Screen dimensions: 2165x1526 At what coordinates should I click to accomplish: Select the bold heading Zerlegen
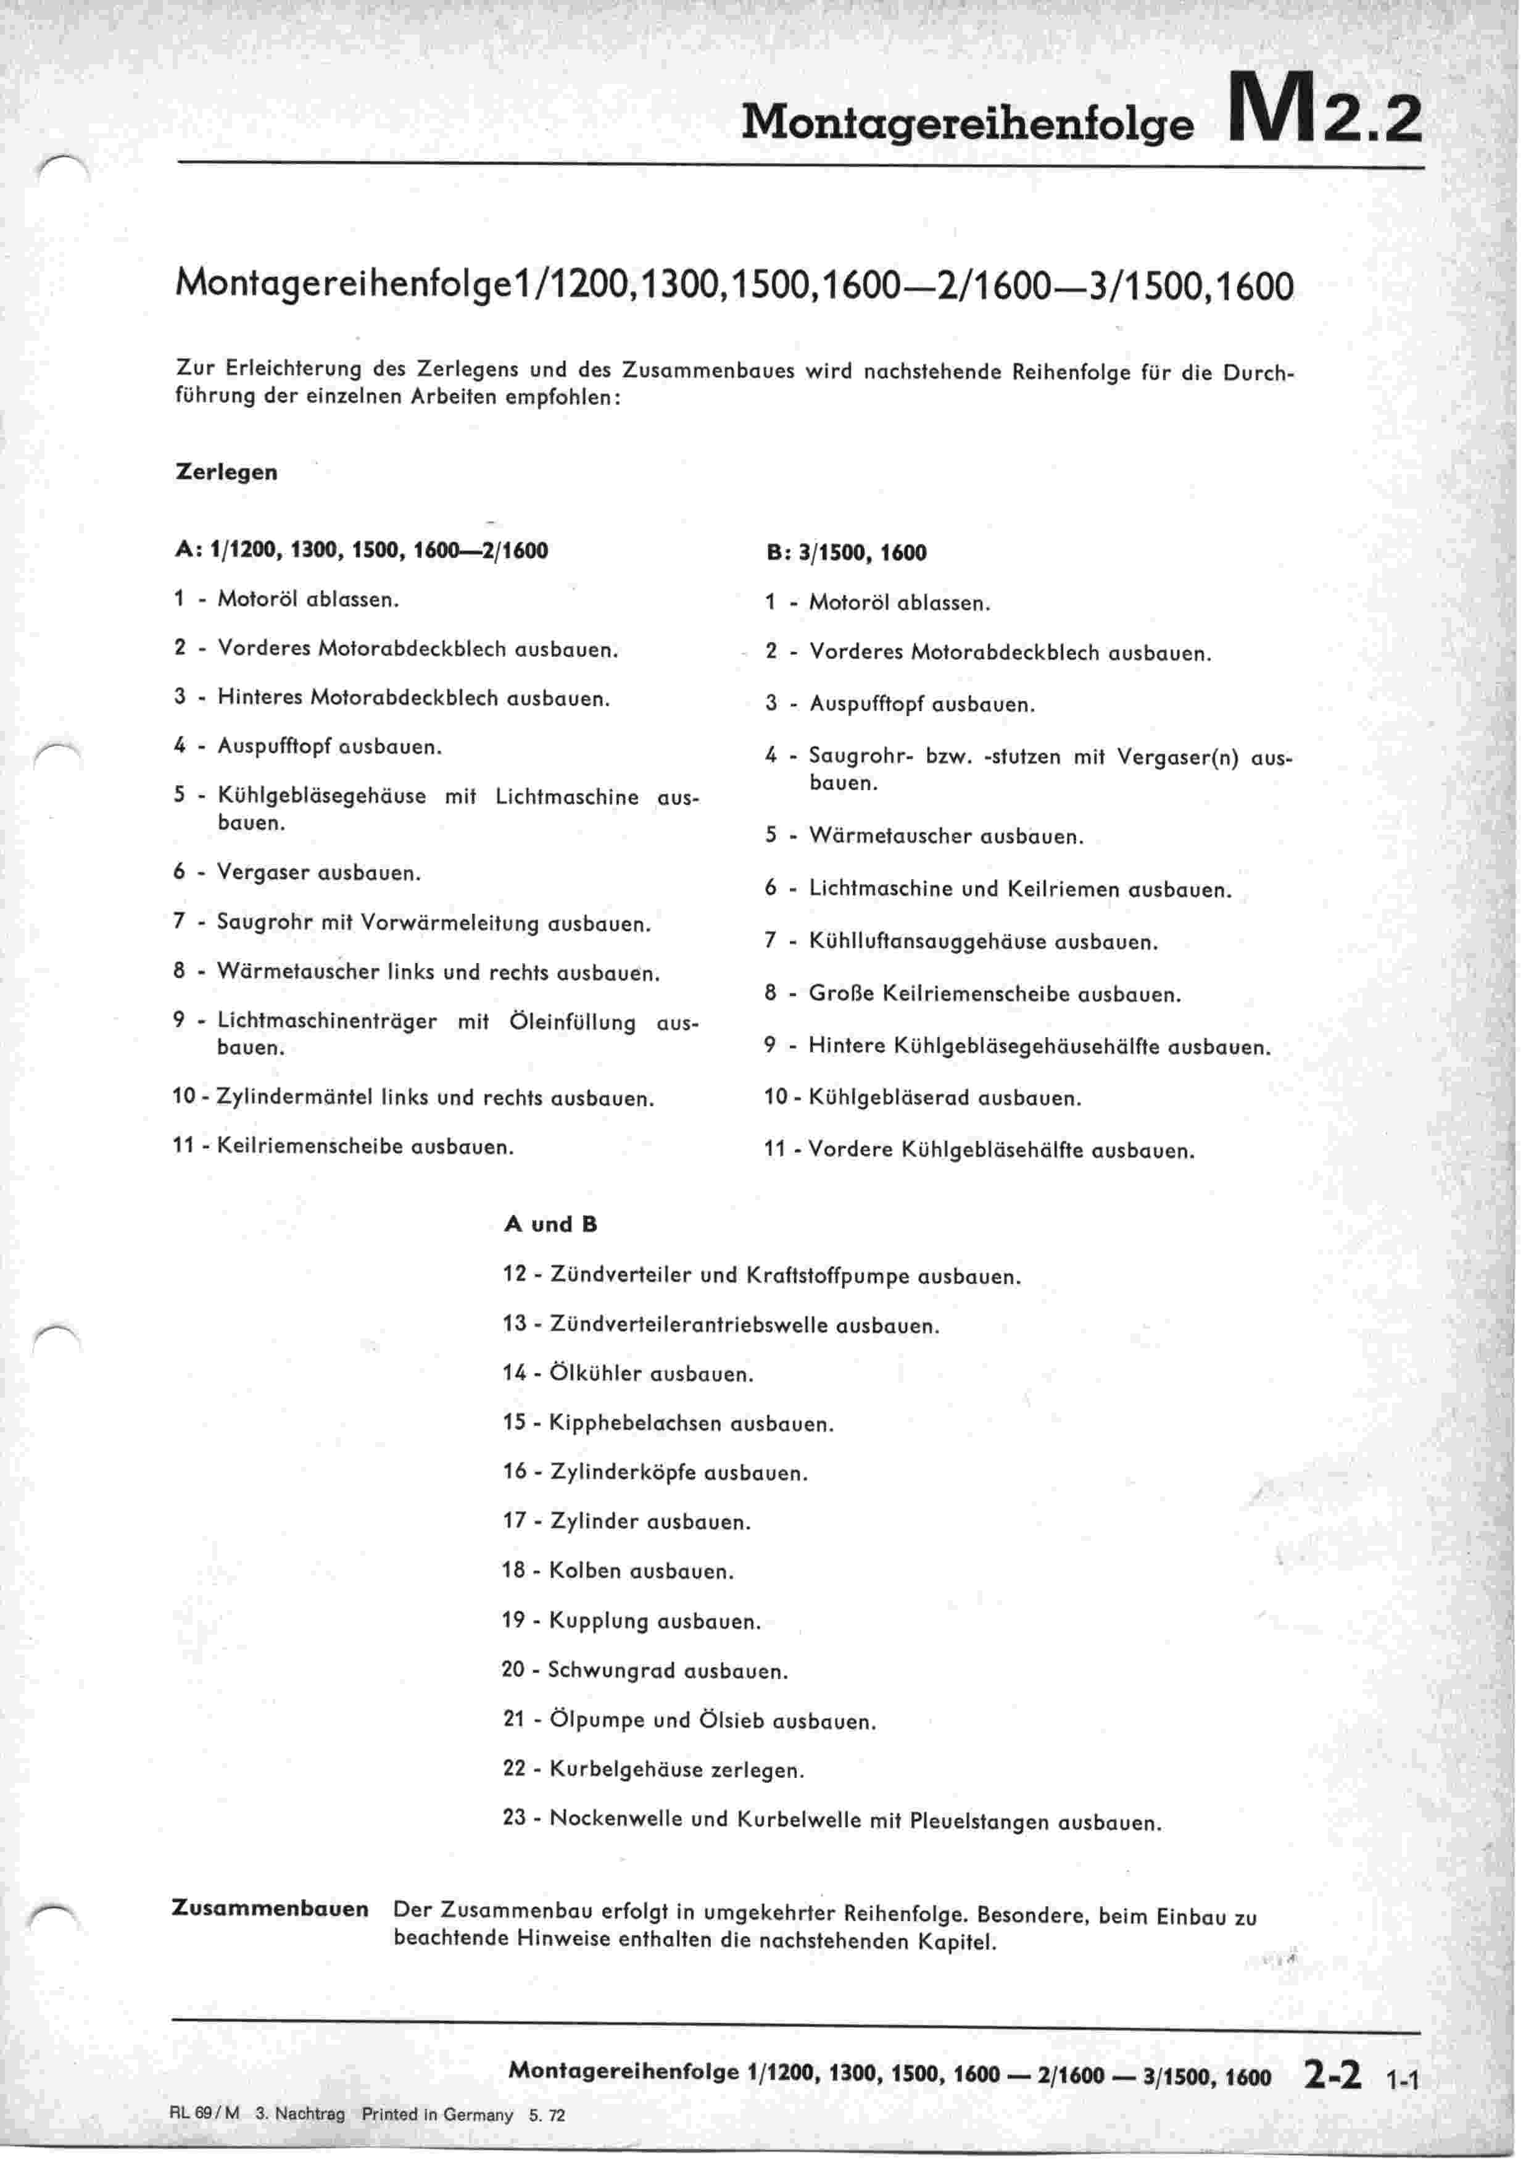(226, 472)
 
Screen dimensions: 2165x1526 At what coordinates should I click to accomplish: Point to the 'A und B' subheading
(550, 1225)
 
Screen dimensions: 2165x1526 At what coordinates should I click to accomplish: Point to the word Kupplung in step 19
(597, 1622)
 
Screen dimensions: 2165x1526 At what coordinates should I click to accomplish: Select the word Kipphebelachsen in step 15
(636, 1423)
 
